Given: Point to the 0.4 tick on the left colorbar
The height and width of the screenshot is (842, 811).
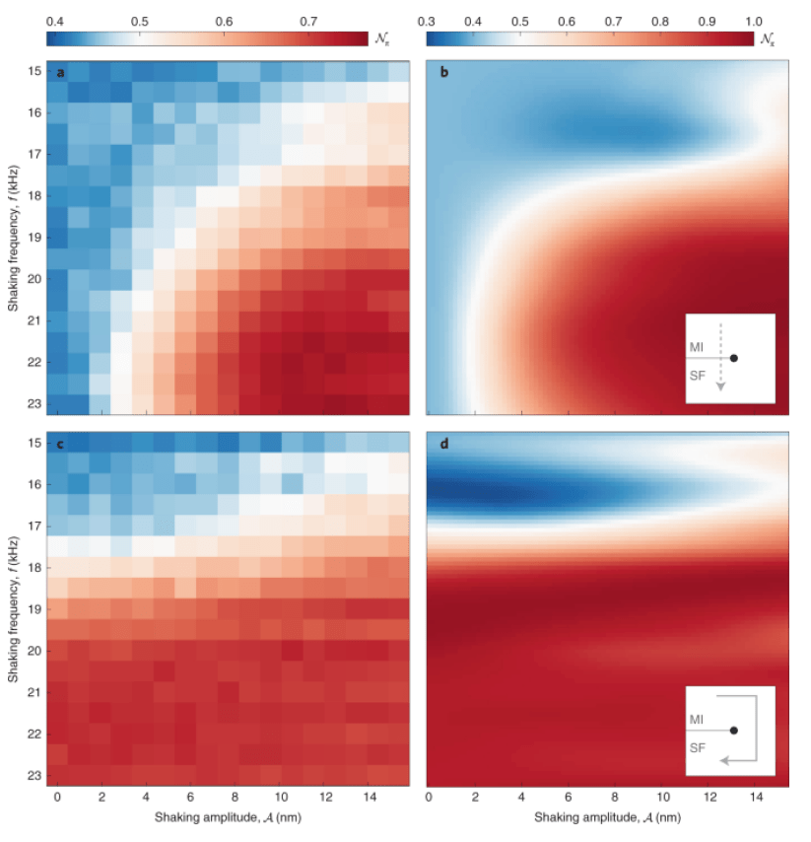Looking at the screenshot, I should click(55, 21).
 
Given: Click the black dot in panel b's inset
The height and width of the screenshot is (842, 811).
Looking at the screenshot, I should click(733, 358).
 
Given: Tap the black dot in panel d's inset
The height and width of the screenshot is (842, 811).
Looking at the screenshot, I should click(733, 731).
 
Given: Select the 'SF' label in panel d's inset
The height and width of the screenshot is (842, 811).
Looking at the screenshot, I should click(697, 748).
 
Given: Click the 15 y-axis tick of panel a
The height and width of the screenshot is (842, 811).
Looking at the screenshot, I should click(34, 72).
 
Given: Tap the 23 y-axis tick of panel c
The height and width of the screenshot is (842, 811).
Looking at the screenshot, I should click(34, 776).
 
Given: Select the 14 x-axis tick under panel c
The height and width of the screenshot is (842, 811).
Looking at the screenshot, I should click(370, 797).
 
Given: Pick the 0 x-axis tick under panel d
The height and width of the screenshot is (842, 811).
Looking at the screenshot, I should click(430, 797).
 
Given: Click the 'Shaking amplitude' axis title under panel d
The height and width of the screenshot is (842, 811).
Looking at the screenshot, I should click(605, 818).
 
